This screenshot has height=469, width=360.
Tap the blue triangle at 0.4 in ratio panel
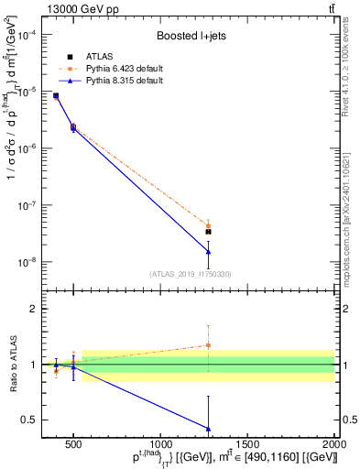coord(208,428)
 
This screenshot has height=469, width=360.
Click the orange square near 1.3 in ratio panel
coord(208,345)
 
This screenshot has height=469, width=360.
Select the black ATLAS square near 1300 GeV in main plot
coord(208,232)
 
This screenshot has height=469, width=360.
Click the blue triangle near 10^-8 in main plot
coord(208,252)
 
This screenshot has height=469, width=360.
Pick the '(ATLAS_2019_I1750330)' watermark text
coord(190,274)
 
